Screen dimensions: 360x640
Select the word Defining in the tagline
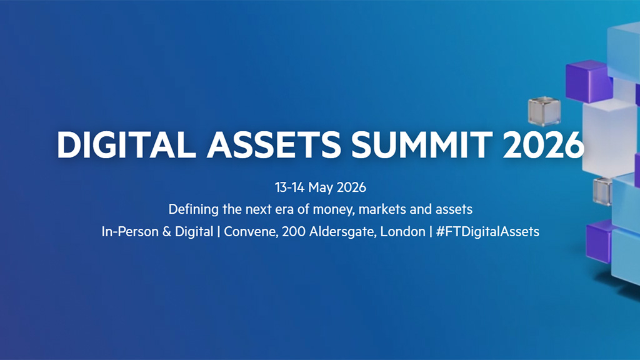tap(191, 209)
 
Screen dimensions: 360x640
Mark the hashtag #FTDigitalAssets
tap(487, 231)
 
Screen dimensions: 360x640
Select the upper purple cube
tap(587, 78)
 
